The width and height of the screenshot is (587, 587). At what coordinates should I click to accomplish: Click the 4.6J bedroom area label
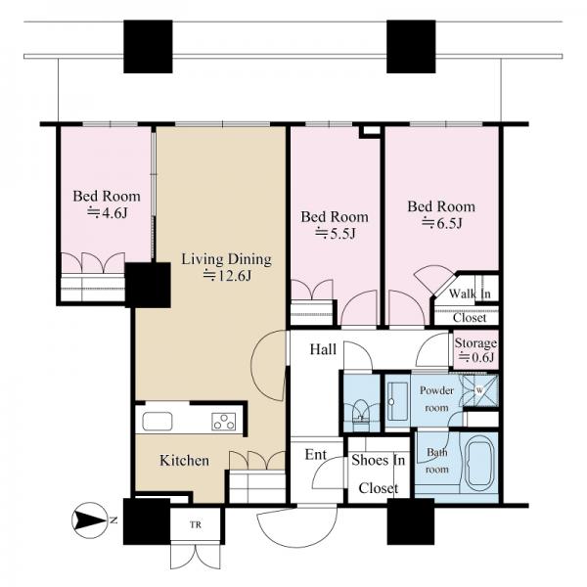107,213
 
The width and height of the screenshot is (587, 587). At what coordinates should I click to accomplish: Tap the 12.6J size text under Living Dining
227,276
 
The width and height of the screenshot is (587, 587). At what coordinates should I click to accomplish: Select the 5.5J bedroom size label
335,234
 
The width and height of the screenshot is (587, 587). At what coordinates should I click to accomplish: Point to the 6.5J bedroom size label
442,223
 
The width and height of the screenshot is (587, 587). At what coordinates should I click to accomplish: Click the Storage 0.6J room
475,349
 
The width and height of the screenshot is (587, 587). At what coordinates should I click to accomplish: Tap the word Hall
323,349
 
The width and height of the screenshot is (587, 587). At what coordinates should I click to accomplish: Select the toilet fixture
361,412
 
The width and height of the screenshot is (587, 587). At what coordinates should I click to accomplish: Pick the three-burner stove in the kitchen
224,421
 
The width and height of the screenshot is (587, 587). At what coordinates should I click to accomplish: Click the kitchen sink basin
158,421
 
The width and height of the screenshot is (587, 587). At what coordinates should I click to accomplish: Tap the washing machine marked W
480,390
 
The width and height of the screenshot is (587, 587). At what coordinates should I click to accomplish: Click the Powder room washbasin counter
397,401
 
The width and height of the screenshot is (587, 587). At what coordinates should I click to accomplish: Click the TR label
196,524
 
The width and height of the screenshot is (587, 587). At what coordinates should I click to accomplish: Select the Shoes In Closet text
378,474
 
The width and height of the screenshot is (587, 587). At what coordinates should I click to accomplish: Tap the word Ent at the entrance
316,455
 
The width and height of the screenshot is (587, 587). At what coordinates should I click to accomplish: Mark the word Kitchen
184,461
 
